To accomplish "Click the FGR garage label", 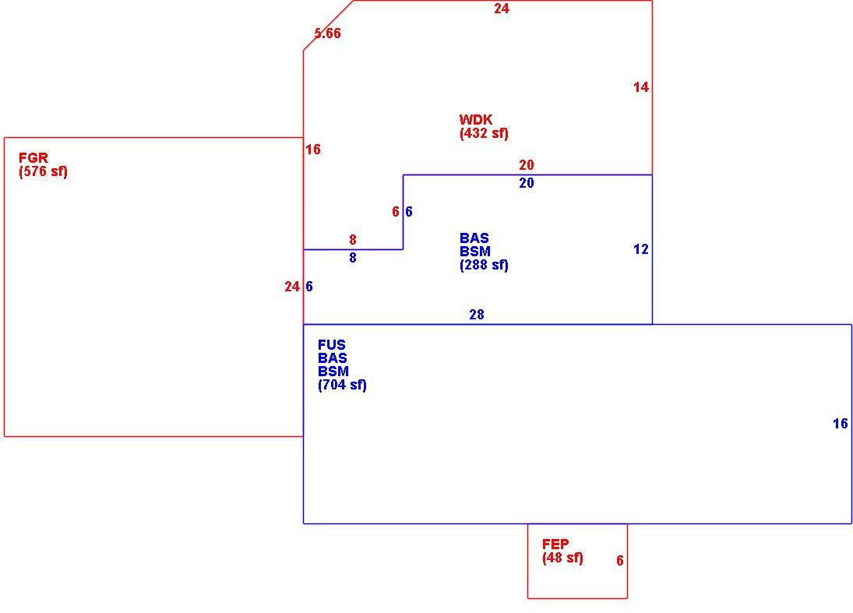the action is pyautogui.click(x=33, y=158).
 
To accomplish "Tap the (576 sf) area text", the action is pyautogui.click(x=43, y=172).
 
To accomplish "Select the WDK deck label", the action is pyautogui.click(x=476, y=120).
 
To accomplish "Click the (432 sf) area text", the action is pyautogui.click(x=485, y=133).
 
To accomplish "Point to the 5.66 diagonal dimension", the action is pyautogui.click(x=327, y=33).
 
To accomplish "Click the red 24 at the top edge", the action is pyautogui.click(x=502, y=8).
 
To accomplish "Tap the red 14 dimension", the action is pyautogui.click(x=641, y=87).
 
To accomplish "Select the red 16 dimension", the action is pyautogui.click(x=313, y=149).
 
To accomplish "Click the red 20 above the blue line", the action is pyautogui.click(x=526, y=165).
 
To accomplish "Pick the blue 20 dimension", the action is pyautogui.click(x=526, y=183).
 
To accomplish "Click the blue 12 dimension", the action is pyautogui.click(x=641, y=249).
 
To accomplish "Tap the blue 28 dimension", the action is pyautogui.click(x=477, y=315).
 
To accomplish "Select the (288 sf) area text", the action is pyautogui.click(x=485, y=265).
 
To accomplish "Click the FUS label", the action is pyautogui.click(x=332, y=345).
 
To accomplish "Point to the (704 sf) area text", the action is pyautogui.click(x=342, y=385).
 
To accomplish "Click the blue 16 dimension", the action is pyautogui.click(x=841, y=423).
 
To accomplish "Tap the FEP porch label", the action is pyautogui.click(x=555, y=544).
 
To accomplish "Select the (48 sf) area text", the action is pyautogui.click(x=562, y=558).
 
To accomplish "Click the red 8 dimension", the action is pyautogui.click(x=353, y=239).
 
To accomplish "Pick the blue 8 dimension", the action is pyautogui.click(x=353, y=257).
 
